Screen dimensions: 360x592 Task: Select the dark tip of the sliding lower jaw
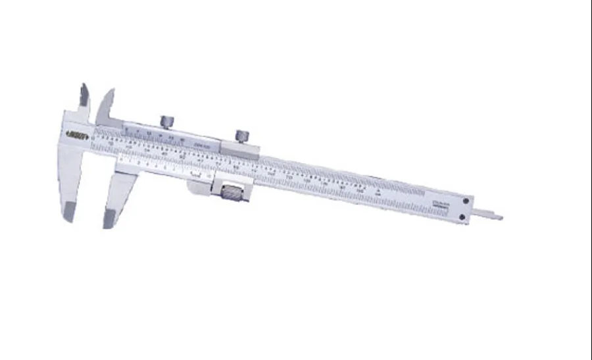(x=109, y=217)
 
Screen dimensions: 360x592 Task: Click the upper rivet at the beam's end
(x=466, y=202)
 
